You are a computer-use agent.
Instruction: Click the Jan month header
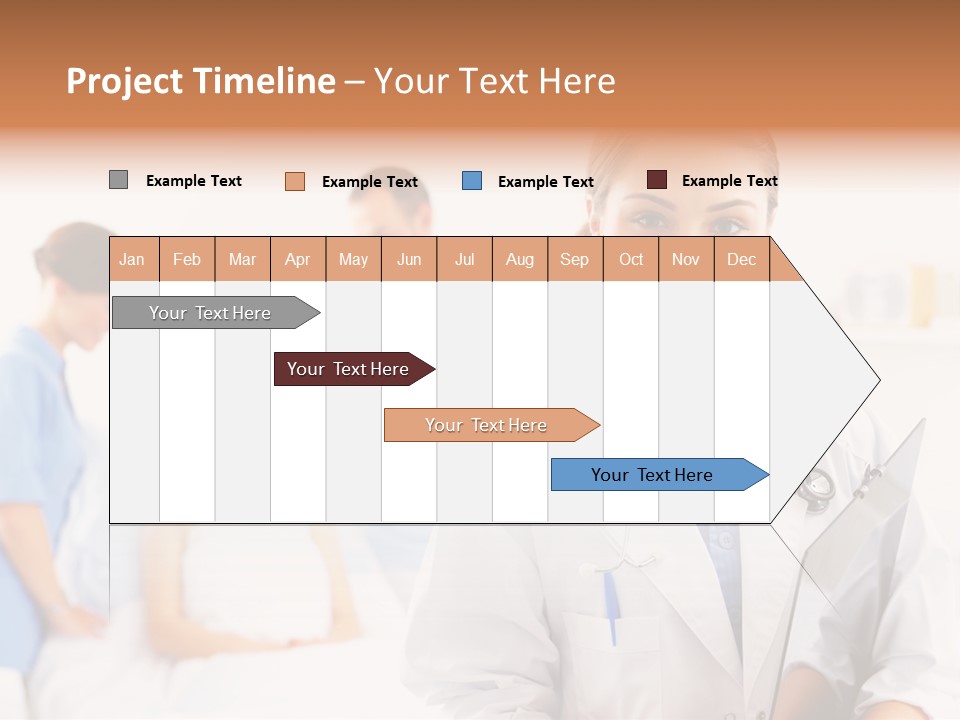pos(133,259)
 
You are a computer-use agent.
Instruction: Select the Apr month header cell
pos(298,259)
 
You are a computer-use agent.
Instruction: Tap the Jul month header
pos(465,259)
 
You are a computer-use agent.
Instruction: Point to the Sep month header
pos(575,259)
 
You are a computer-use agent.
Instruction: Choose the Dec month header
pos(741,259)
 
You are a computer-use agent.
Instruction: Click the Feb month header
pos(187,259)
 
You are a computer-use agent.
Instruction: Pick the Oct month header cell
pos(631,259)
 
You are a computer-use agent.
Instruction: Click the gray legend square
pos(118,180)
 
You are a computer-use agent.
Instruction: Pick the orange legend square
pos(295,181)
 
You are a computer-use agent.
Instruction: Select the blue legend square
pos(472,181)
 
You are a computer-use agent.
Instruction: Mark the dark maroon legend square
pos(657,180)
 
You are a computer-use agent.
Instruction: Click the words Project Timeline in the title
pos(201,81)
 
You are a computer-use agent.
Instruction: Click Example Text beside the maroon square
pos(729,181)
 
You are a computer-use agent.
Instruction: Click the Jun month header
pos(409,259)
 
